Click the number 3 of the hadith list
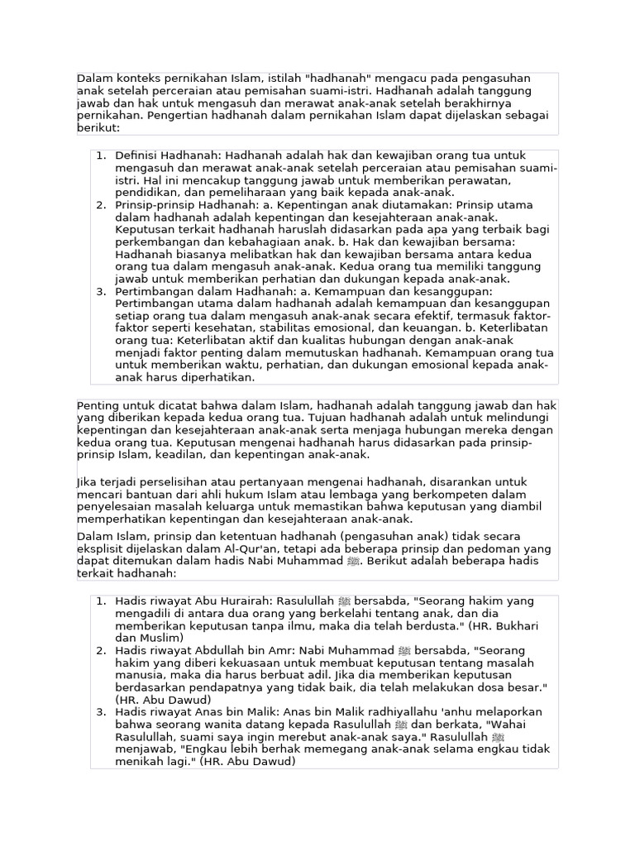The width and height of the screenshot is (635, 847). coord(100,712)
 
